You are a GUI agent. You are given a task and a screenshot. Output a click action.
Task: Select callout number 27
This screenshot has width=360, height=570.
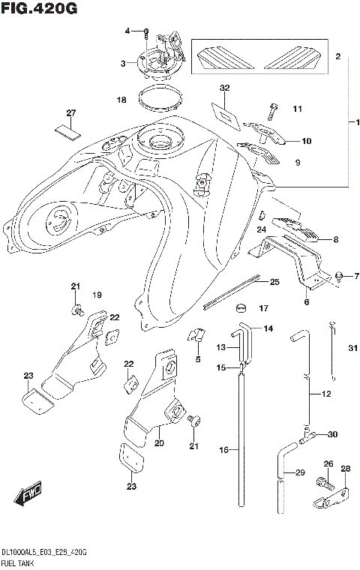click(x=71, y=113)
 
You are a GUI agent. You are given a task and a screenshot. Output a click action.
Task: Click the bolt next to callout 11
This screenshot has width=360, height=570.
click(x=272, y=109)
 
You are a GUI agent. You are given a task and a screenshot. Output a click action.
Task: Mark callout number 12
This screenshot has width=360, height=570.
click(x=325, y=394)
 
